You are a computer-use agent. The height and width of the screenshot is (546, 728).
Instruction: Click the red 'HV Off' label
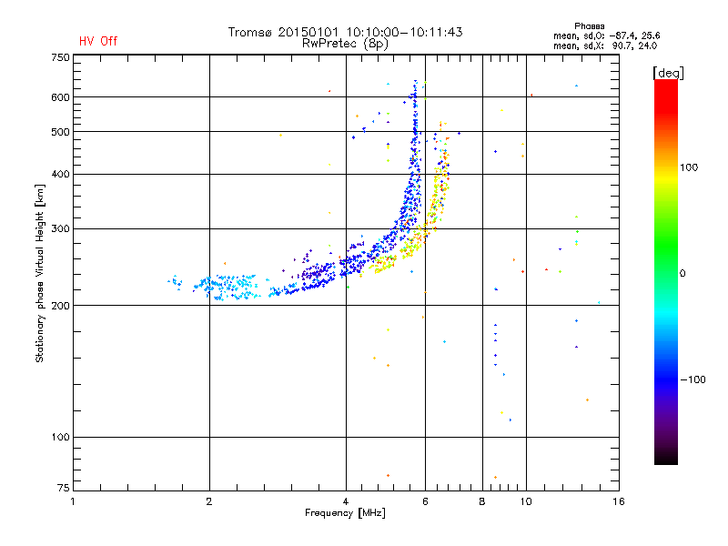98,41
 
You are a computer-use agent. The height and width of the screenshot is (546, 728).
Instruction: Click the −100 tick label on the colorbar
693,379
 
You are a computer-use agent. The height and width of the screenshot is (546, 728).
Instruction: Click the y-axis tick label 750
60,57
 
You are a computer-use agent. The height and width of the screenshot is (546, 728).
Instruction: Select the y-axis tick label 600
60,97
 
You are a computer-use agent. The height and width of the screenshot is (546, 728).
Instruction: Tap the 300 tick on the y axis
60,228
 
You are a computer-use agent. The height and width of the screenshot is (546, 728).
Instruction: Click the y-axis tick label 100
60,438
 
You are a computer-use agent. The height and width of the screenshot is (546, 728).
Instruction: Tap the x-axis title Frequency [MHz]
345,513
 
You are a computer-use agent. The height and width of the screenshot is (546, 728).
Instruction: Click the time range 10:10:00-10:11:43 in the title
400,32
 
